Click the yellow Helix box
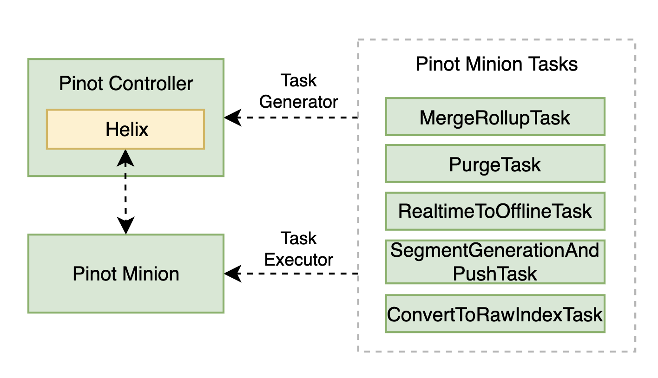(125, 129)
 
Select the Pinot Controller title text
(126, 84)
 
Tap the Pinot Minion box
(126, 274)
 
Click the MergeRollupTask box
(495, 117)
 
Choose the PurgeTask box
(495, 164)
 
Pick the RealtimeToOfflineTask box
(495, 211)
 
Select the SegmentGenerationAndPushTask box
(495, 262)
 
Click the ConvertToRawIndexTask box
(495, 314)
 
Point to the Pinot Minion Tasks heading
(496, 64)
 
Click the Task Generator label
(299, 91)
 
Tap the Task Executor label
(299, 249)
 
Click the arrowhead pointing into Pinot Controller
(232, 117)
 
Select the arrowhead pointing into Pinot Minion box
(232, 274)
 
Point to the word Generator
(299, 101)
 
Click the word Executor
(299, 259)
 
